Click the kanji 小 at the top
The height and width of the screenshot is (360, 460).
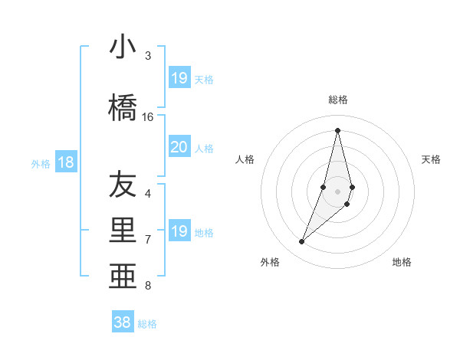click(x=123, y=47)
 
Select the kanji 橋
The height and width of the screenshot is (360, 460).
click(x=123, y=107)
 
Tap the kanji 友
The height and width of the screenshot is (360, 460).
click(x=123, y=185)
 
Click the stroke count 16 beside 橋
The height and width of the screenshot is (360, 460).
click(x=148, y=117)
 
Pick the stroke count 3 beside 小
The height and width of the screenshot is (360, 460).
click(x=148, y=56)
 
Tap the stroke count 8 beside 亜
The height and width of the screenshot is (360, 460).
click(x=148, y=286)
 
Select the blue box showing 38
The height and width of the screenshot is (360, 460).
click(x=123, y=322)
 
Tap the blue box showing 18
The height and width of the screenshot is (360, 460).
click(x=66, y=162)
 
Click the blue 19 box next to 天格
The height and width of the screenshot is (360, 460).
click(x=179, y=77)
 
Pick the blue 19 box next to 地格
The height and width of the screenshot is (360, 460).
click(x=179, y=231)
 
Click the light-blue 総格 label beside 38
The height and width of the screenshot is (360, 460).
click(x=147, y=324)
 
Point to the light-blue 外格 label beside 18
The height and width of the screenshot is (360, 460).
click(x=41, y=163)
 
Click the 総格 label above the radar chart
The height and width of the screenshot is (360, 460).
click(x=337, y=100)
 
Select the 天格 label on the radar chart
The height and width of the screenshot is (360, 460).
click(x=431, y=159)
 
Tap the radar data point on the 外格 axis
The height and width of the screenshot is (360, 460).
click(x=302, y=242)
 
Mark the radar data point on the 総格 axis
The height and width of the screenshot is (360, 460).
click(x=337, y=130)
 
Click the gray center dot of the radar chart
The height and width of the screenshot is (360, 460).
click(x=337, y=191)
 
